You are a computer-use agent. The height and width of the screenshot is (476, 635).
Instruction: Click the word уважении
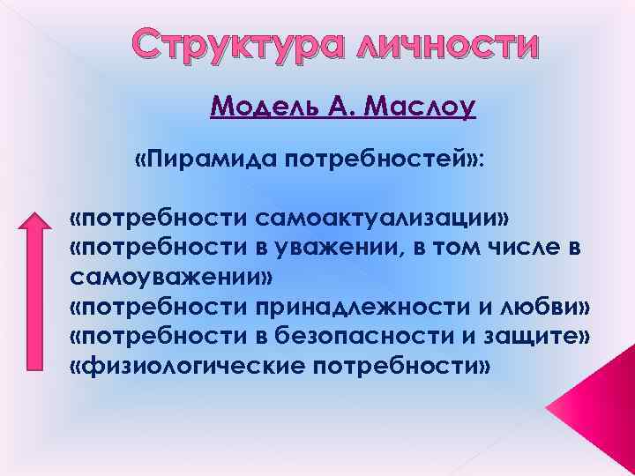[335, 248]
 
